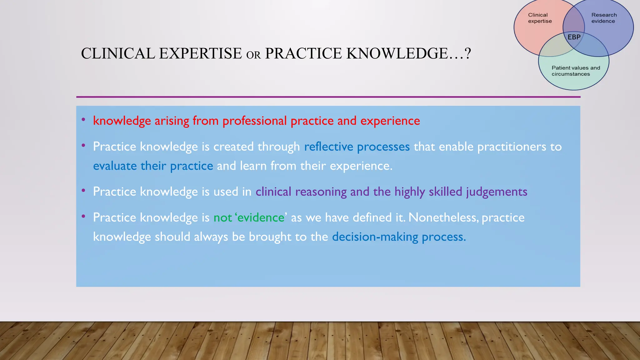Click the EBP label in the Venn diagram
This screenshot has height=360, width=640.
[x=574, y=37]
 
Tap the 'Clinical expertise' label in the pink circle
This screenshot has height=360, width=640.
[x=540, y=18]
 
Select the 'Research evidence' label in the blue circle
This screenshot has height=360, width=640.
[x=604, y=18]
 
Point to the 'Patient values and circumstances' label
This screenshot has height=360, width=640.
[x=576, y=71]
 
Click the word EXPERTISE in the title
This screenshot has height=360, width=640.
[x=200, y=53]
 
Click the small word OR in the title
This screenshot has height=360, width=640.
[x=253, y=55]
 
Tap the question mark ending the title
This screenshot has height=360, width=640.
[x=467, y=53]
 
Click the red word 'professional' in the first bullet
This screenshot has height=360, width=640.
[x=254, y=121]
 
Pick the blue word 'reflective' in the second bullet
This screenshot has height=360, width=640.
[x=328, y=147]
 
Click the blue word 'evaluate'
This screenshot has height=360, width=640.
[x=115, y=166]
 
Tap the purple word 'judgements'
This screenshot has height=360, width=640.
[x=497, y=192]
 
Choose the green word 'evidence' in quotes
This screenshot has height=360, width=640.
[x=261, y=217]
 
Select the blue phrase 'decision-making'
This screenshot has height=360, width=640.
[x=375, y=237]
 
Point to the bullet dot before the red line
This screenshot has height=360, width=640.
[x=83, y=120]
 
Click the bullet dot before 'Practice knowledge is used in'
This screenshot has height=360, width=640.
[x=83, y=190]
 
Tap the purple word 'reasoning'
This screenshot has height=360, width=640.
[x=321, y=192]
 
